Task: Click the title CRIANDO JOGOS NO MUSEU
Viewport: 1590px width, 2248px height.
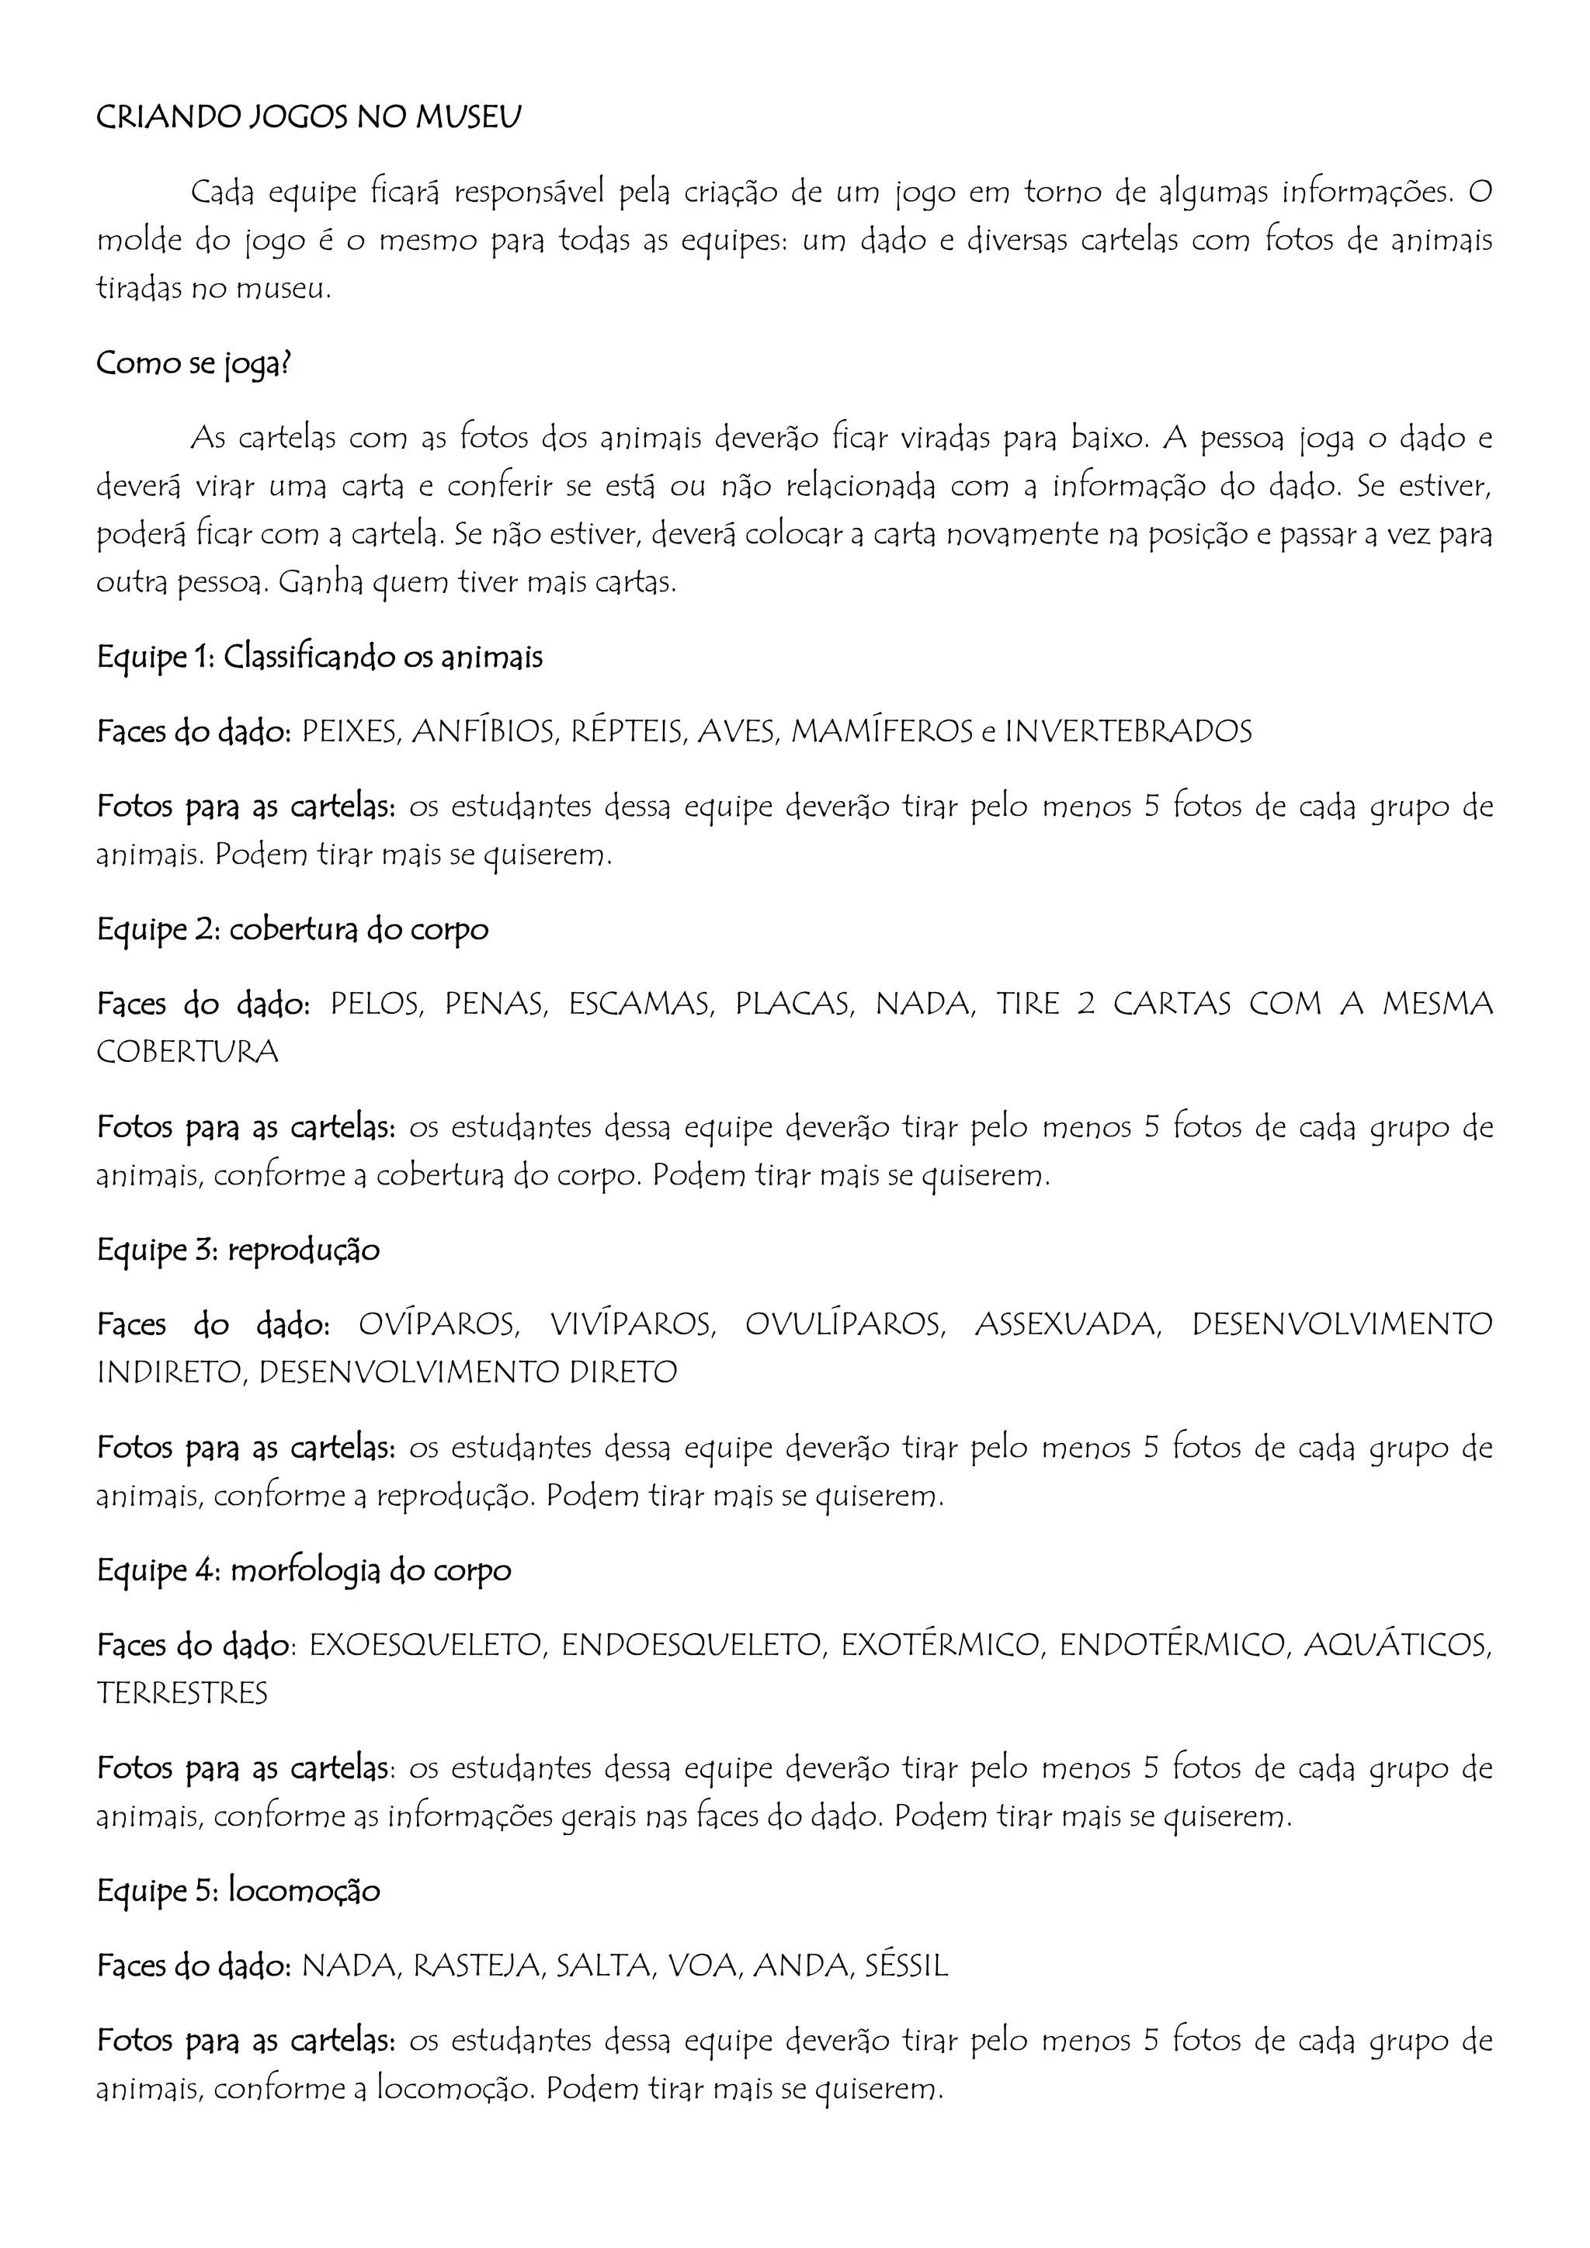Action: tap(308, 117)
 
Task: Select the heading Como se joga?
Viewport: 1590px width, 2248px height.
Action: tap(194, 363)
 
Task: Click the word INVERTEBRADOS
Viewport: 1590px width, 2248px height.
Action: tap(1129, 731)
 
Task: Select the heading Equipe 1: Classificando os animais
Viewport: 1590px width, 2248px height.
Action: tap(319, 657)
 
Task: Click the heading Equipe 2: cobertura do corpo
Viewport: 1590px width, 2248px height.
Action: tap(292, 929)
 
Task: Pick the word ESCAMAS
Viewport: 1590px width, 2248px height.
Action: tap(641, 1004)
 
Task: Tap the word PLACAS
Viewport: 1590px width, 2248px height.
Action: tap(795, 1004)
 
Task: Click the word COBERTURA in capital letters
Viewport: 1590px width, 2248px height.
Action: tap(187, 1052)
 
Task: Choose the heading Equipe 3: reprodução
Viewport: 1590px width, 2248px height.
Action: tap(238, 1251)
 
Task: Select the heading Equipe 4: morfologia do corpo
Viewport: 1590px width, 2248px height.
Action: tap(304, 1570)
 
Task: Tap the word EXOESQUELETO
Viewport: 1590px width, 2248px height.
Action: tap(425, 1645)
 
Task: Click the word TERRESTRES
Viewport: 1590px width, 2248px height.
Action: tap(182, 1693)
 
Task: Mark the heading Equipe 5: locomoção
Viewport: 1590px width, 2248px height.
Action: tap(238, 1891)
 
